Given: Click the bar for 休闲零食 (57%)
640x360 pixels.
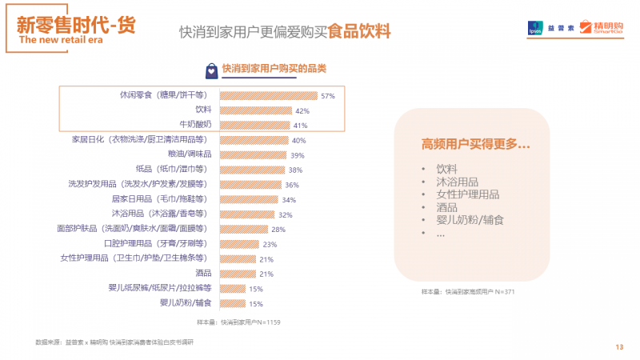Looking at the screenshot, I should point(267,95).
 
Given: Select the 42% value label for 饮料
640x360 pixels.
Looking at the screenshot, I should point(302,110).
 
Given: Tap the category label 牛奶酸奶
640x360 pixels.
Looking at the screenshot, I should point(194,125).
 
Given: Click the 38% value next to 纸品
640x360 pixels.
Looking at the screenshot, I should point(295,170).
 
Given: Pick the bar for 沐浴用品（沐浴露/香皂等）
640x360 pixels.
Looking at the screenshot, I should point(246,214).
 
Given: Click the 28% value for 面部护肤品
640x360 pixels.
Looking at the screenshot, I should point(278,230).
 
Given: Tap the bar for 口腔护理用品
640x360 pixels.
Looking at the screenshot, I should point(238,244).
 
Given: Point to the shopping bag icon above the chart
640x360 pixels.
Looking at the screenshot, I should point(210,69).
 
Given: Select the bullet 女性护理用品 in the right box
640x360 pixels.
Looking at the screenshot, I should point(468,194).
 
